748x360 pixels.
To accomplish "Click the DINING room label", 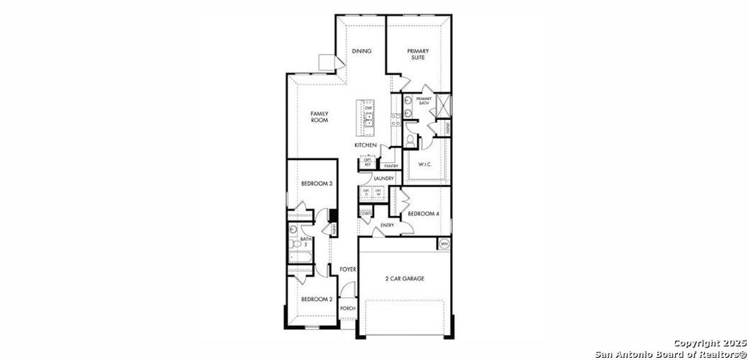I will click(x=362, y=51).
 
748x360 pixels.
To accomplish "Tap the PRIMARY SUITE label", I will click(x=419, y=55).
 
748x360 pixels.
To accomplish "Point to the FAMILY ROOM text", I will click(x=319, y=117).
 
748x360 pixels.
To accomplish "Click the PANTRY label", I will click(x=391, y=166).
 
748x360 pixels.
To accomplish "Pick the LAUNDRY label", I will click(x=383, y=179).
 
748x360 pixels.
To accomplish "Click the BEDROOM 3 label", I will click(x=317, y=183).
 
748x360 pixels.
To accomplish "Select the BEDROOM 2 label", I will click(x=317, y=299).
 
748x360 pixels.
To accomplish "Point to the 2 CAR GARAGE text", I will click(x=405, y=278).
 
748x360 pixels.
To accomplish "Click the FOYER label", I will click(x=348, y=269).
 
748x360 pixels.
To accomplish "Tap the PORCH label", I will click(x=348, y=308).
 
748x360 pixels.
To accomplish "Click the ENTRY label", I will click(x=387, y=225).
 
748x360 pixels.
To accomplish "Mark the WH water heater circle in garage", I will click(x=443, y=243).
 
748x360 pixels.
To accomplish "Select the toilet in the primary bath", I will click(x=411, y=138).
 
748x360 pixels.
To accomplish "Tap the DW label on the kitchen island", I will click(x=369, y=108).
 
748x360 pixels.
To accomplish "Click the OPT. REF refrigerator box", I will click(x=367, y=162).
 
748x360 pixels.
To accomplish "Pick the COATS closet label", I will click(x=365, y=213).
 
